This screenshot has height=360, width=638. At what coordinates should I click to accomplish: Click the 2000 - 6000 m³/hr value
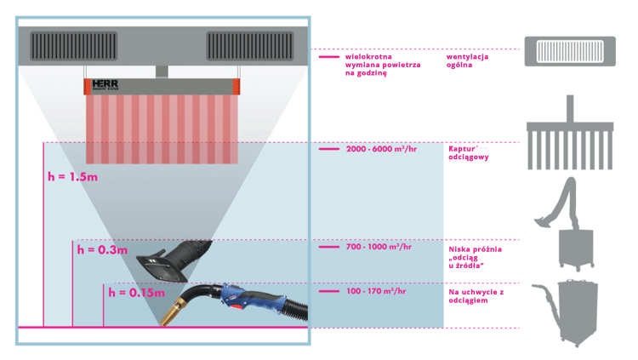coord(382,149)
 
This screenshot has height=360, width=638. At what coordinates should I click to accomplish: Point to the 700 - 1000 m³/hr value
coord(379,247)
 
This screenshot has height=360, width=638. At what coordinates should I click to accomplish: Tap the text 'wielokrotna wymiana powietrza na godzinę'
coord(373,65)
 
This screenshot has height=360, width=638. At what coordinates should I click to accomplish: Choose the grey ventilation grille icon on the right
coord(569,52)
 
